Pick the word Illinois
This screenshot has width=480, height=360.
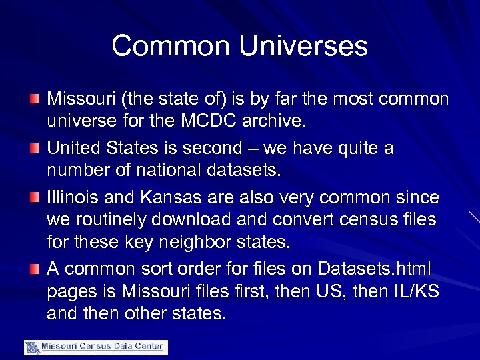pos(69,197)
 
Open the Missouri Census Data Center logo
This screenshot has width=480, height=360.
pos(96,347)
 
